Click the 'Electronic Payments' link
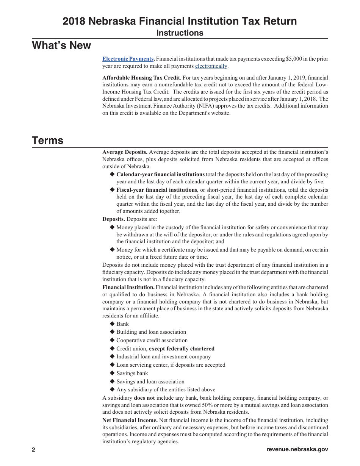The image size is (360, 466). [128, 59]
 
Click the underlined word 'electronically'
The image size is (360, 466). [211, 66]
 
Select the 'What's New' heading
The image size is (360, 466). [61, 45]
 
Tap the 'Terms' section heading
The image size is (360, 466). [47, 141]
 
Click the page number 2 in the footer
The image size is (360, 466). [33, 450]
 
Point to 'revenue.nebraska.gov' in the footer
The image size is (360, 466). [297, 450]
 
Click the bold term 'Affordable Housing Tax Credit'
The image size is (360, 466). [141, 78]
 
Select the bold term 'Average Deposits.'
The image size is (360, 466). [125, 152]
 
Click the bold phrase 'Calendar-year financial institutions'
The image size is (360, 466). [160, 174]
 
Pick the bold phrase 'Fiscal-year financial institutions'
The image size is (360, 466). [157, 189]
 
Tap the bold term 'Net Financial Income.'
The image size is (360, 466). [130, 420]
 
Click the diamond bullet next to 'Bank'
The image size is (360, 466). [112, 324]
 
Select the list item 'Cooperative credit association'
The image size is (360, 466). [152, 340]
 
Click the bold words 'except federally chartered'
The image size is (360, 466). [182, 349]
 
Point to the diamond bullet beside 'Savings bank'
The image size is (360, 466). [112, 373]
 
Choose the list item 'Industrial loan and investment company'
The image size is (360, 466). [163, 357]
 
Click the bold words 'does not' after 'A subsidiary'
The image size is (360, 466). [144, 398]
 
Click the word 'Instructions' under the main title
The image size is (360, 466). [180, 33]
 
